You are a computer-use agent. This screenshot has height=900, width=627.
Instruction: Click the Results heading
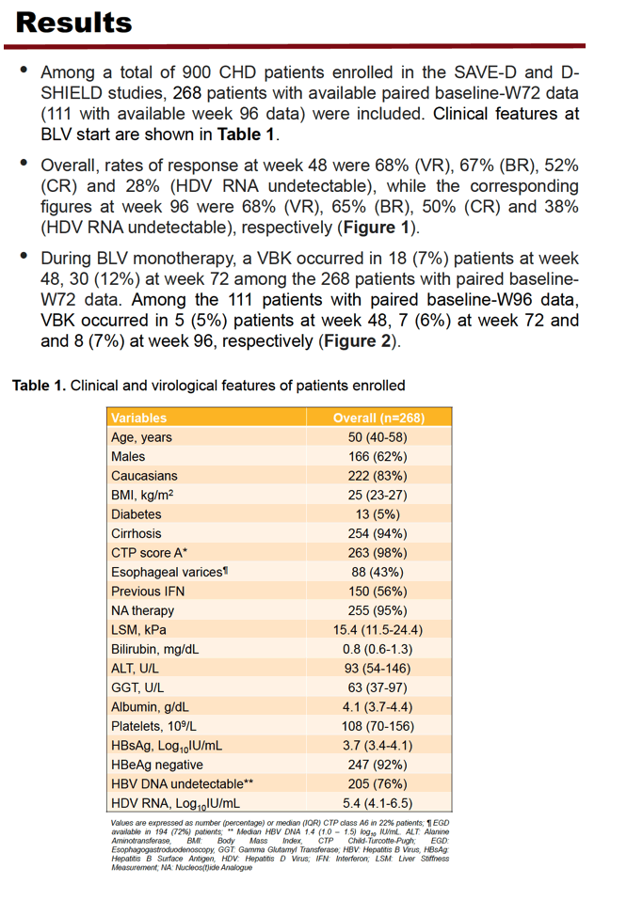click(73, 23)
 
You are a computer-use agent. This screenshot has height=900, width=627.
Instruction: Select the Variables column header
click(139, 418)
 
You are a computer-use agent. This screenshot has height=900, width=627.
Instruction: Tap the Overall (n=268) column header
click(378, 418)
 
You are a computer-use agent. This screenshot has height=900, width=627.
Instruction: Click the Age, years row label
click(141, 437)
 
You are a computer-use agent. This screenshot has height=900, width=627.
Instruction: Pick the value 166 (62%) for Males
click(378, 456)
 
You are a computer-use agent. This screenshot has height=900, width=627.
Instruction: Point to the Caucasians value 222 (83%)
click(378, 476)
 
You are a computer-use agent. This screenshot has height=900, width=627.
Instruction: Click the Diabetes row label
click(137, 514)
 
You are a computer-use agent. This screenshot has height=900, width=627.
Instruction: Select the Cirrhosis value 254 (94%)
click(378, 533)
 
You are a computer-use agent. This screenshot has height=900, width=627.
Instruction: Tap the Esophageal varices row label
click(169, 572)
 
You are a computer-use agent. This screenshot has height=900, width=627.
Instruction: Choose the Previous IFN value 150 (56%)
click(378, 592)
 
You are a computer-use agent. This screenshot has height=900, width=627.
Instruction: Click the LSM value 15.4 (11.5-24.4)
click(378, 630)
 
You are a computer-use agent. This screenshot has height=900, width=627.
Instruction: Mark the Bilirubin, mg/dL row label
click(154, 649)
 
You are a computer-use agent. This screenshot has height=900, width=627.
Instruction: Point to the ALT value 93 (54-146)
click(378, 668)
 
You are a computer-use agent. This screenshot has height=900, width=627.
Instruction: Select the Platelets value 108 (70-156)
click(378, 726)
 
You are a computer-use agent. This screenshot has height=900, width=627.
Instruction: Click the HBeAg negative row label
click(157, 765)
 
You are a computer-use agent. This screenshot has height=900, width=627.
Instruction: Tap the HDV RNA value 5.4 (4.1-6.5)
click(378, 803)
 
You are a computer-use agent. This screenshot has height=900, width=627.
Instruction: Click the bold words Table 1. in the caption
click(40, 386)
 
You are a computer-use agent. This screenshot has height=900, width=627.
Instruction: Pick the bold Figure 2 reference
click(358, 341)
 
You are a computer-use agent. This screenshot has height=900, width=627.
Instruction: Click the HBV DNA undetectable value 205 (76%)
click(378, 784)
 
